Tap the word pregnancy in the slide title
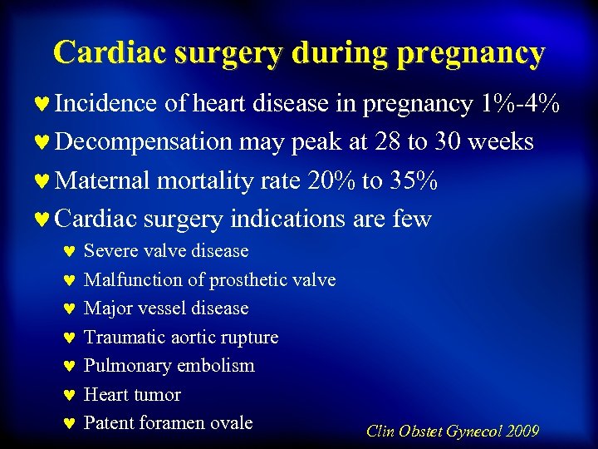tap(471, 53)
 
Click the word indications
tap(287, 219)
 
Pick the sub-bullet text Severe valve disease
tap(166, 251)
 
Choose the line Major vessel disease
tap(166, 308)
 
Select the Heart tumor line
tap(132, 395)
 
